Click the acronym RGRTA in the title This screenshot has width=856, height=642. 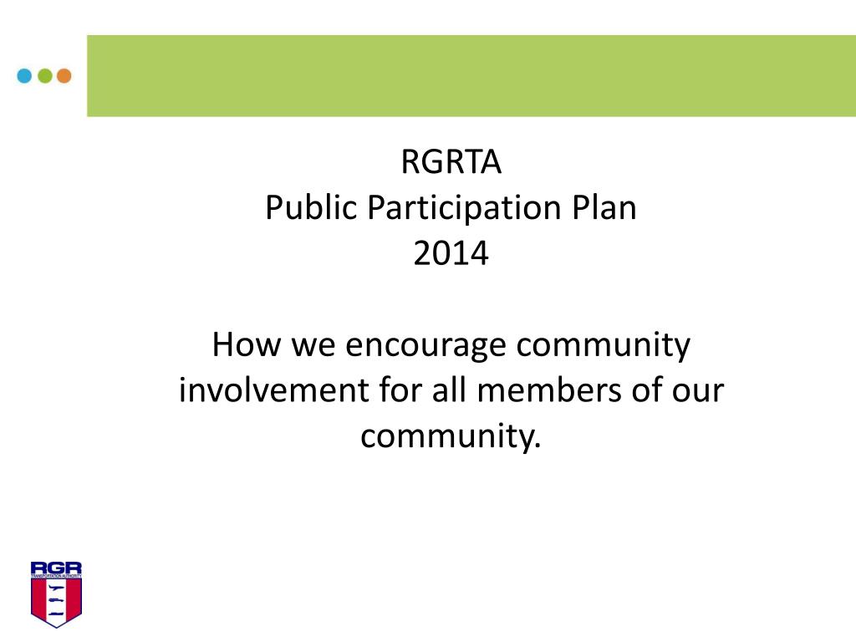[451, 162]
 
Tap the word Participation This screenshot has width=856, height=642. [463, 208]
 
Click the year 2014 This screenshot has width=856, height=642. [451, 253]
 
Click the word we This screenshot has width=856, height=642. [312, 344]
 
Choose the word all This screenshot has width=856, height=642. [446, 390]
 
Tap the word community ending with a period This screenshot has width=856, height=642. [451, 436]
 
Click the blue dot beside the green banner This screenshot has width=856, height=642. [24, 76]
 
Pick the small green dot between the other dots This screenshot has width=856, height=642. [44, 76]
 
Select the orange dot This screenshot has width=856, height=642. [64, 76]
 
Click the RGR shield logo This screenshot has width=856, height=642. [56, 594]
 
